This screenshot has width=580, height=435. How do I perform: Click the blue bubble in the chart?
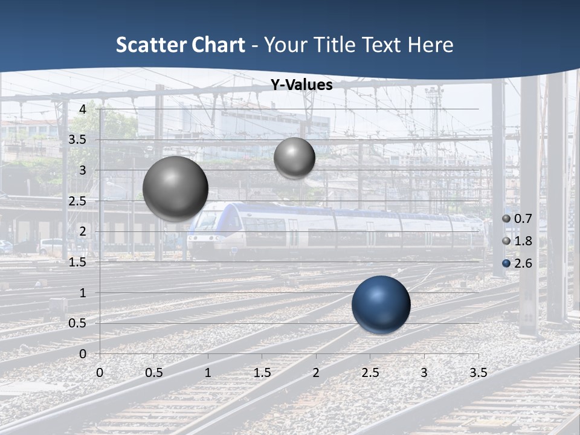[381, 304]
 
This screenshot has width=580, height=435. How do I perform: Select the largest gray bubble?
[175, 188]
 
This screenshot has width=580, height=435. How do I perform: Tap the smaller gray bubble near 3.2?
[294, 158]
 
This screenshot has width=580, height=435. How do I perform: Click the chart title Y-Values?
[301, 85]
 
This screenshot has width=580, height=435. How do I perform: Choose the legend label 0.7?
[523, 219]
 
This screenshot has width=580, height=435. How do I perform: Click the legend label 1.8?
[523, 241]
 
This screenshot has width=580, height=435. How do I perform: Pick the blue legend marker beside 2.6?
[506, 263]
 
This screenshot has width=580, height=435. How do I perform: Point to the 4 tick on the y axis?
[82, 109]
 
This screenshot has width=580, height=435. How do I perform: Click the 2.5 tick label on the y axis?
[77, 201]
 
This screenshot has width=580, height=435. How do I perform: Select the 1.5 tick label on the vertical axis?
[77, 262]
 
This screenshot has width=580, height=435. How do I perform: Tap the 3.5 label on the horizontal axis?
[478, 373]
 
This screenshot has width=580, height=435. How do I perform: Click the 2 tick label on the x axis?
[316, 373]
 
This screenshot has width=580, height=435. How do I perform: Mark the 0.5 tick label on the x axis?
[153, 373]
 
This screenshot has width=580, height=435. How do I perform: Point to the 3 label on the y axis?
[82, 170]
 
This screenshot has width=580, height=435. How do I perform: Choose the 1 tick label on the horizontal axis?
[208, 373]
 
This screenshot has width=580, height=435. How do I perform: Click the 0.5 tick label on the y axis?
[77, 323]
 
